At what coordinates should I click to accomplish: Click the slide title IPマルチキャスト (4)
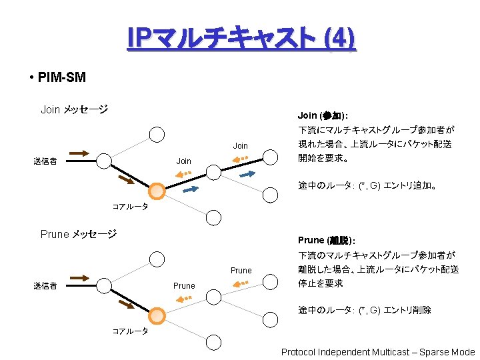click(x=242, y=39)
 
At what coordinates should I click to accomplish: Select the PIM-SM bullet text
click(x=61, y=77)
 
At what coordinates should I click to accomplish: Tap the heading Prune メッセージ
click(x=79, y=234)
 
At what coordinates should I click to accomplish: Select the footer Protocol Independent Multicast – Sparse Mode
click(x=378, y=352)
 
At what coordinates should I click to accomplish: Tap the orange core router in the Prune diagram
click(x=157, y=316)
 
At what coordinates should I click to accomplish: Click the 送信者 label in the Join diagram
click(x=45, y=161)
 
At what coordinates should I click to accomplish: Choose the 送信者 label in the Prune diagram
click(x=45, y=286)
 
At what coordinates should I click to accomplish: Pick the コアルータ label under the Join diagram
click(x=130, y=207)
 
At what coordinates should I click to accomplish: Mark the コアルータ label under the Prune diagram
click(x=130, y=331)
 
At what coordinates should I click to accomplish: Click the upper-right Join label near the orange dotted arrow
click(x=240, y=146)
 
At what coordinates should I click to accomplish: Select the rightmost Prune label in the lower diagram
click(x=241, y=271)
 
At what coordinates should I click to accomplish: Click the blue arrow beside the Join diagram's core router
click(x=191, y=189)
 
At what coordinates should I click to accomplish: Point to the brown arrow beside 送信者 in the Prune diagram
click(x=79, y=277)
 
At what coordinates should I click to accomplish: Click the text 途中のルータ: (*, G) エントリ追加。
click(x=368, y=186)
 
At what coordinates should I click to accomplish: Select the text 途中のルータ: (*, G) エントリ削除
click(x=365, y=310)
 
